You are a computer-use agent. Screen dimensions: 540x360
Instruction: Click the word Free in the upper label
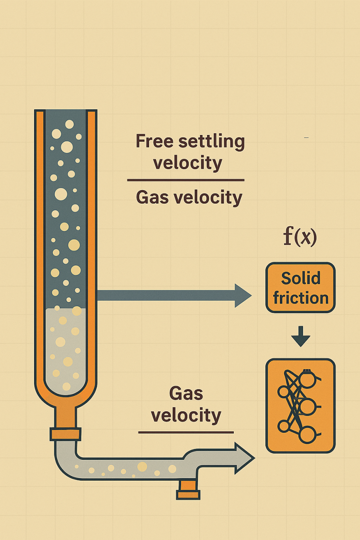[154, 142]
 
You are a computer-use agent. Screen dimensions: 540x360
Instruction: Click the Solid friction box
[300, 287]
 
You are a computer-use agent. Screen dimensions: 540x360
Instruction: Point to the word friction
[301, 298]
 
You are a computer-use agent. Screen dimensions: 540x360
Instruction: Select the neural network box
[300, 406]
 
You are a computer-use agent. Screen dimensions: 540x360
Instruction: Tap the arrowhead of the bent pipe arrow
[245, 458]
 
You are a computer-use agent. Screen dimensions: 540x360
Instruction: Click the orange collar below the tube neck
[66, 434]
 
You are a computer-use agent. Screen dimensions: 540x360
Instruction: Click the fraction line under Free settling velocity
[186, 180]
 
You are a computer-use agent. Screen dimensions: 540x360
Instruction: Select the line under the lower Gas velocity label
[186, 432]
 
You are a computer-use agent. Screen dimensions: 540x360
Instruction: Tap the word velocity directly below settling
[188, 163]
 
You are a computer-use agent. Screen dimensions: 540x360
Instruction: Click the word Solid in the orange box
[301, 278]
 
